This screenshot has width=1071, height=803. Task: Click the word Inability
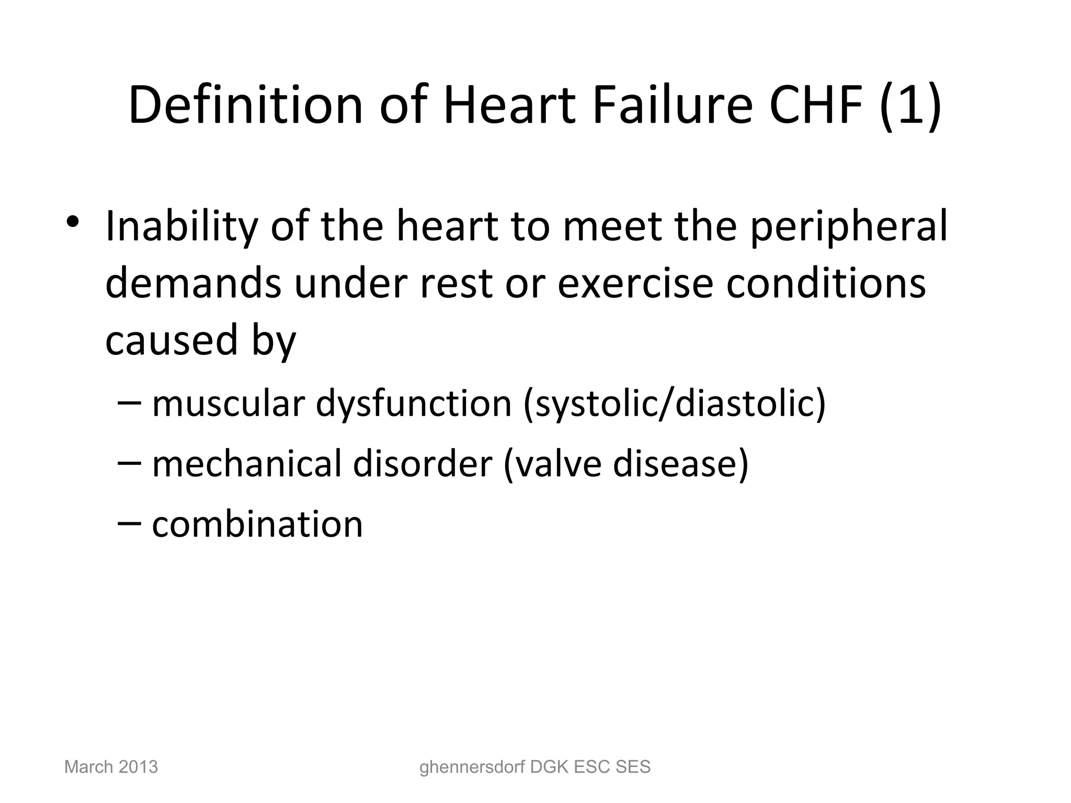(x=181, y=226)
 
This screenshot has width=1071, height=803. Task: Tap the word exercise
(x=635, y=283)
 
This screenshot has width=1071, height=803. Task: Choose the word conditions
(x=826, y=283)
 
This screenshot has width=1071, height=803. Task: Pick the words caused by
(x=200, y=341)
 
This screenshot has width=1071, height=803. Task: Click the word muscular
(x=228, y=404)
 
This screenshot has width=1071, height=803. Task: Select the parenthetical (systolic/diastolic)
(x=674, y=404)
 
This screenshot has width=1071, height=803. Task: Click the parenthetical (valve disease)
(x=625, y=464)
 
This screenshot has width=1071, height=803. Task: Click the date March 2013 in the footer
(x=111, y=767)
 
